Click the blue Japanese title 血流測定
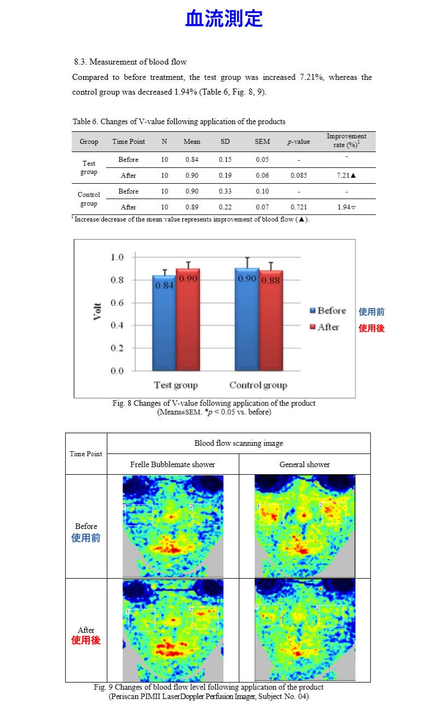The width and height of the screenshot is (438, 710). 224,18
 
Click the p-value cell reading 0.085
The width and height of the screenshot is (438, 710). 299,176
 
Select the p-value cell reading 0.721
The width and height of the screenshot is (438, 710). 299,207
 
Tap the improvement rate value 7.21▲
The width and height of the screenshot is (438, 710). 346,176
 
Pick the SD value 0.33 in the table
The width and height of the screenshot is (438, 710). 225,191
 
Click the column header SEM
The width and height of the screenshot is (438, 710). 262,142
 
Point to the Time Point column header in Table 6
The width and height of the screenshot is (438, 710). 129,142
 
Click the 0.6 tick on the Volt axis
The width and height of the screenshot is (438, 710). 117,303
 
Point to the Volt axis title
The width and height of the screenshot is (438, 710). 98,312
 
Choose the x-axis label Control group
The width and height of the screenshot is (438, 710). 258,385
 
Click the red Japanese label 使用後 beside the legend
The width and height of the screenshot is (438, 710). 371,329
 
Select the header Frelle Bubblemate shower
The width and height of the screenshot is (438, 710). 172,464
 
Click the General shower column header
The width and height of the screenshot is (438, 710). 304,464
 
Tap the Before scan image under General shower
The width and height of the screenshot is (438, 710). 305,526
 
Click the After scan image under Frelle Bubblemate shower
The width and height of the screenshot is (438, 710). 173,630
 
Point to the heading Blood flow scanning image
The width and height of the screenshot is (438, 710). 239,443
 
